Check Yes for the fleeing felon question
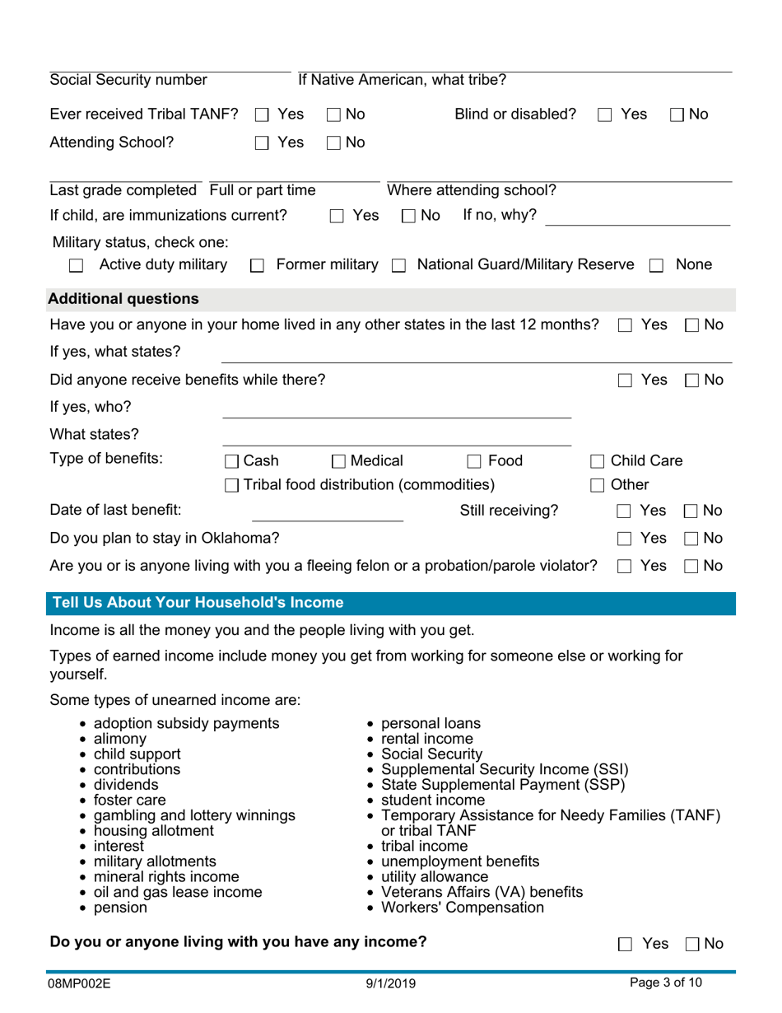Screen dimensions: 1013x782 click(623, 566)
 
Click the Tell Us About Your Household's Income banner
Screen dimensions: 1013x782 click(198, 603)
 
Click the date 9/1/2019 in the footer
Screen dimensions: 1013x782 click(390, 983)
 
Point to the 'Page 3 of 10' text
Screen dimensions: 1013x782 click(667, 983)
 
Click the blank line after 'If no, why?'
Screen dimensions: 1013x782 click(637, 217)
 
